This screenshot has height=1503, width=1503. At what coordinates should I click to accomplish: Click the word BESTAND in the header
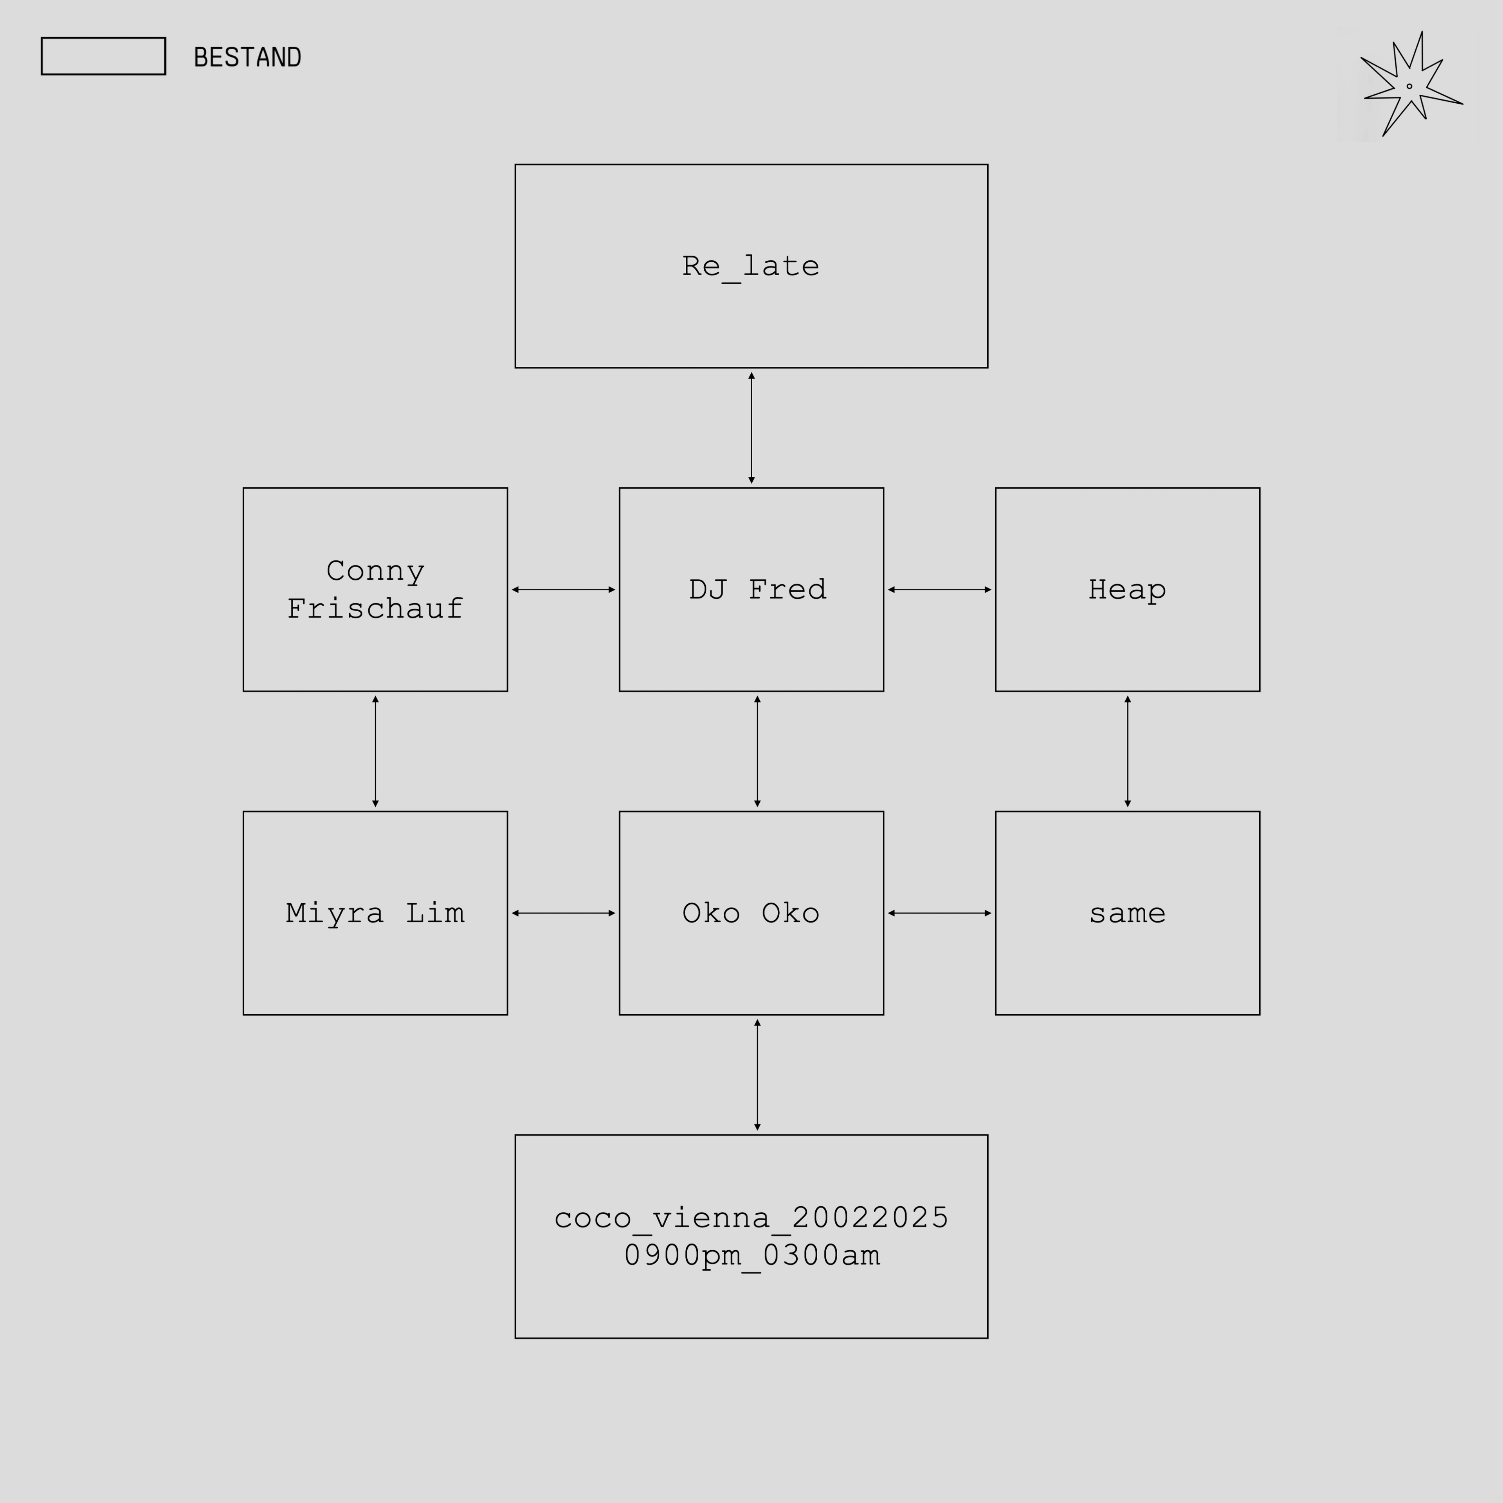click(x=247, y=58)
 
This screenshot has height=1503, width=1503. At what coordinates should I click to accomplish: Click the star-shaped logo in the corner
click(x=1408, y=86)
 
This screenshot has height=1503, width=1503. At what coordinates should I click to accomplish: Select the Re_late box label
click(x=751, y=266)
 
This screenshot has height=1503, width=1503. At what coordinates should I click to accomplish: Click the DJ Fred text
click(x=757, y=590)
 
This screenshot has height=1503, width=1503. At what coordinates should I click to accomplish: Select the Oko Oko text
click(x=751, y=913)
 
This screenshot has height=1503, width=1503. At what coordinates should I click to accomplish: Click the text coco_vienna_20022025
click(x=751, y=1218)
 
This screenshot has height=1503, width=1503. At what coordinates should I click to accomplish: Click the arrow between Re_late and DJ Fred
click(x=751, y=428)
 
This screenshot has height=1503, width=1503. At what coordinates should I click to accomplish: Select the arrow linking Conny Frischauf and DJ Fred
click(x=563, y=590)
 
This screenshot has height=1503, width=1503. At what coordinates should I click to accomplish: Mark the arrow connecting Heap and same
click(x=1127, y=751)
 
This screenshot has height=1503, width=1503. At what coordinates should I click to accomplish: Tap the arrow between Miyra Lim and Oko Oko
click(x=563, y=913)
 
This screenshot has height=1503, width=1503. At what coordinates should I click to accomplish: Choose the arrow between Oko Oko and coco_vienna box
click(x=757, y=1075)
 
